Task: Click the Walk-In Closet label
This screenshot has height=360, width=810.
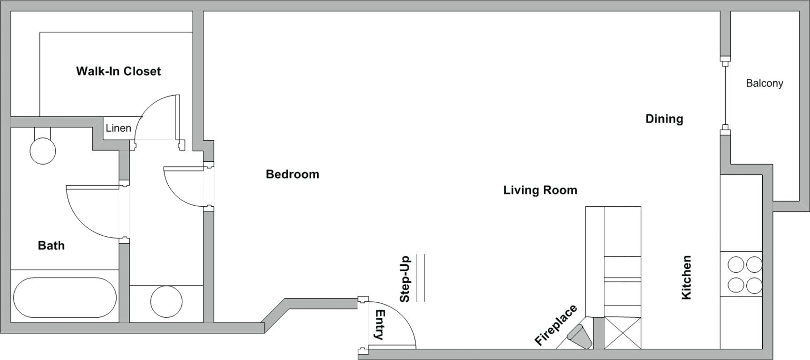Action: pos(118,71)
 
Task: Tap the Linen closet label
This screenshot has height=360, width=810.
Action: pos(118,128)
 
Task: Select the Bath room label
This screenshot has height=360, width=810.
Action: pos(51,246)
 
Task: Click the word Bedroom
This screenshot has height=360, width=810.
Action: pos(292,174)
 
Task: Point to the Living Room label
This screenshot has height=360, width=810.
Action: pos(540,190)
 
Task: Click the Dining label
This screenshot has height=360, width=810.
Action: pos(664,119)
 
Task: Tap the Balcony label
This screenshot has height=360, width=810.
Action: pos(764,83)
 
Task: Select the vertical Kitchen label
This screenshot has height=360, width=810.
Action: pos(686,277)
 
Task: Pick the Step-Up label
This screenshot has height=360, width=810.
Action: pos(405,279)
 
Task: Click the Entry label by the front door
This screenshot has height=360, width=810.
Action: pos(379,324)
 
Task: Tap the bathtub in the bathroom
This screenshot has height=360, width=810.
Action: pos(65,298)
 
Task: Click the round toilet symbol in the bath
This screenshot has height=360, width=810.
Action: pos(43,150)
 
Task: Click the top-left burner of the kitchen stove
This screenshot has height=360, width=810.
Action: pos(736,265)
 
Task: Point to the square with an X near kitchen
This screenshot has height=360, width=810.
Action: pos(622,333)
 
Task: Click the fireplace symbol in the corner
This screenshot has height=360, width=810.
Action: pos(579,336)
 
